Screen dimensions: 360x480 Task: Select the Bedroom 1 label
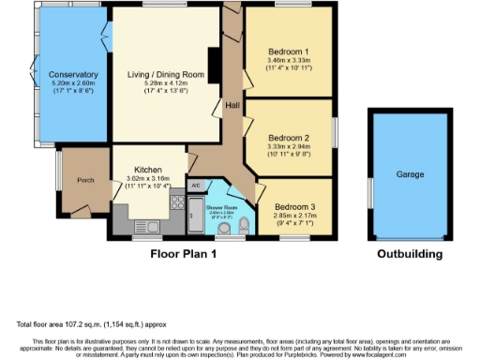tap(287, 51)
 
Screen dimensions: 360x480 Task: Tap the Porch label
tap(85, 180)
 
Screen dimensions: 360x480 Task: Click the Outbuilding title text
tap(411, 253)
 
